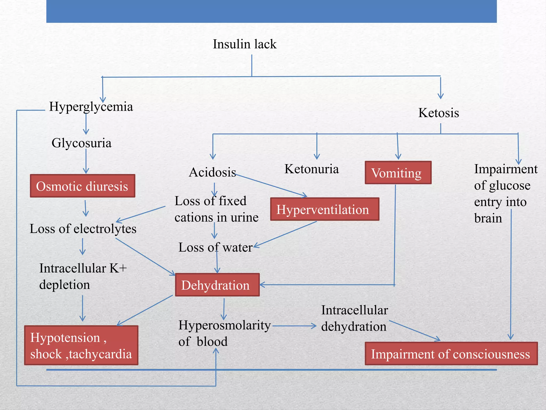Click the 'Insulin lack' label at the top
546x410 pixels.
(x=244, y=44)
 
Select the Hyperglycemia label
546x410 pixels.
(x=91, y=107)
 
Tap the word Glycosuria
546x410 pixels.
(x=81, y=143)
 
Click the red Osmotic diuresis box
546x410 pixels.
(x=82, y=186)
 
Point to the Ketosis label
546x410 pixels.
(x=439, y=113)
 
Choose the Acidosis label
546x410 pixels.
(x=212, y=172)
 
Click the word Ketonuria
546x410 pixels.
(x=311, y=169)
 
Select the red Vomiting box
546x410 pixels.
(x=398, y=173)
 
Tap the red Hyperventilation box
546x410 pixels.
(x=324, y=209)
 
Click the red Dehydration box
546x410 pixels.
(x=217, y=285)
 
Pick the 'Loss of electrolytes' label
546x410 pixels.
(x=83, y=229)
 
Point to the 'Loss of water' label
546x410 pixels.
(x=215, y=247)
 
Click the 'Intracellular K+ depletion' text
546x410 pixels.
(x=83, y=276)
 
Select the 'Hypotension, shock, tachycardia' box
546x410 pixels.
(x=81, y=345)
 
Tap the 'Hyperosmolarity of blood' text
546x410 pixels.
(x=224, y=333)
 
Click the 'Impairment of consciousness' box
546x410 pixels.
(x=451, y=354)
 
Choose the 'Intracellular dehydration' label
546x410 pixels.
(x=354, y=318)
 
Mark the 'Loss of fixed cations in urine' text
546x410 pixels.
(x=216, y=209)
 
